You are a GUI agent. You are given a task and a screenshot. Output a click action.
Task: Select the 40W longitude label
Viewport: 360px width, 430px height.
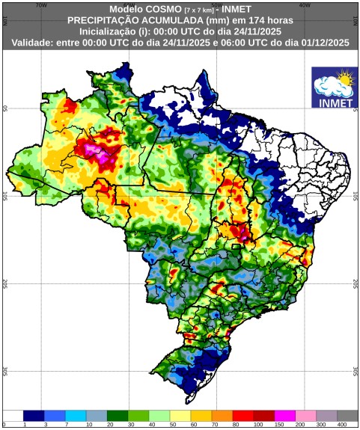[305, 4]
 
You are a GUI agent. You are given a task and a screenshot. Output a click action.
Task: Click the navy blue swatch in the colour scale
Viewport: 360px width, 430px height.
[34, 415]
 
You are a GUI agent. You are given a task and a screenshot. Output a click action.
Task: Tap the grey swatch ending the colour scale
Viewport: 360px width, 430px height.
[347, 415]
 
